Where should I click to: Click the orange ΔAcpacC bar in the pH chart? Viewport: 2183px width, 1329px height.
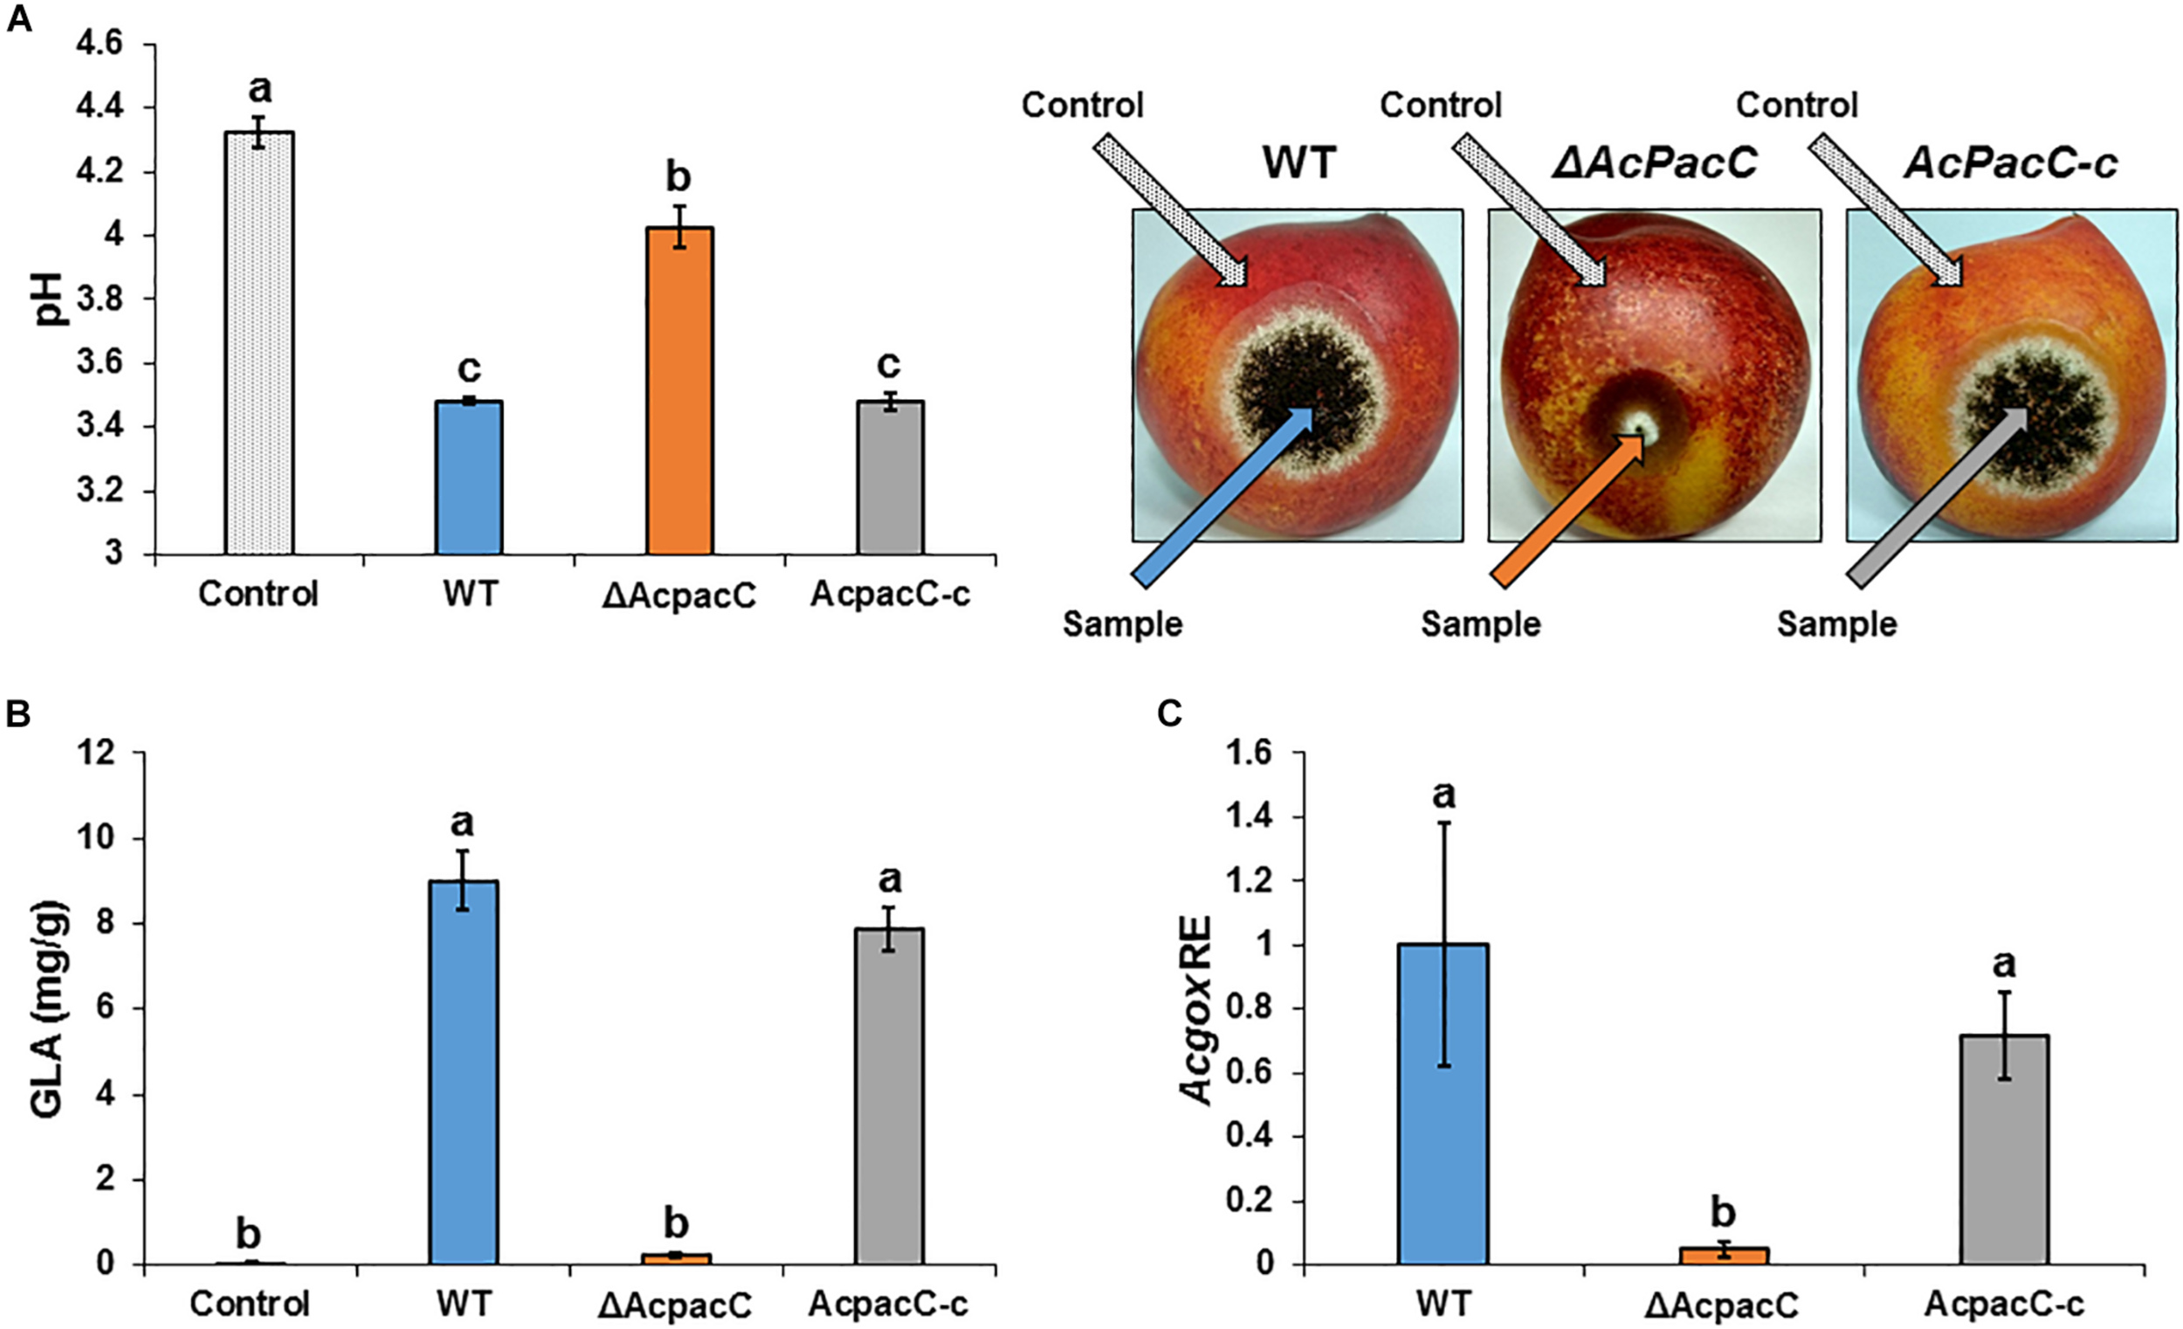(x=678, y=390)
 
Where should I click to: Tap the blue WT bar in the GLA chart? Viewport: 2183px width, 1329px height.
(x=464, y=1071)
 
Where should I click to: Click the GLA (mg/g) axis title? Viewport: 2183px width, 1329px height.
(x=52, y=1007)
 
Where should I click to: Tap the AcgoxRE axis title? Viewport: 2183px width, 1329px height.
(x=1198, y=1009)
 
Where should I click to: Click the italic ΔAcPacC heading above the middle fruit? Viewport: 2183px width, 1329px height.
(x=1654, y=163)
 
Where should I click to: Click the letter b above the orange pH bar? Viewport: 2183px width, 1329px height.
(x=678, y=177)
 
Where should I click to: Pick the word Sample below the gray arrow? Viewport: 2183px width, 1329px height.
(x=1835, y=624)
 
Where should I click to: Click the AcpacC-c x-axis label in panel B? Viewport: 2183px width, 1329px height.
(x=888, y=1305)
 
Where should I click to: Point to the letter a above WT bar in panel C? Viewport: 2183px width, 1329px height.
(x=1443, y=794)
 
